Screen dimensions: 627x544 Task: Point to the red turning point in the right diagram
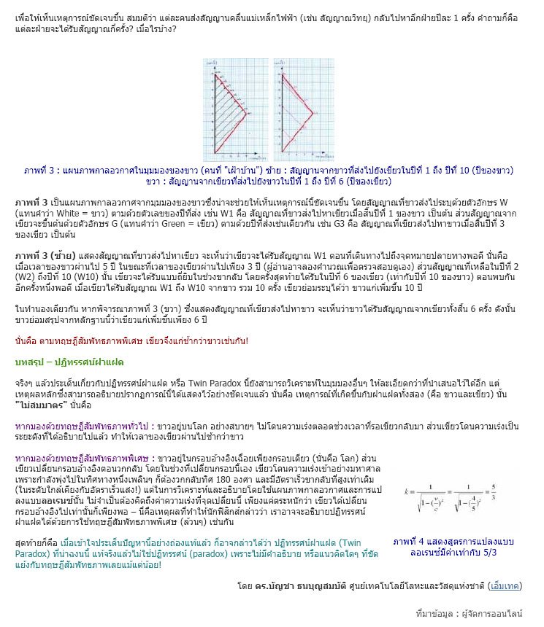coord(313,114)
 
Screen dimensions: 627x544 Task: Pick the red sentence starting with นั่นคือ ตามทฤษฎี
coord(131,340)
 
